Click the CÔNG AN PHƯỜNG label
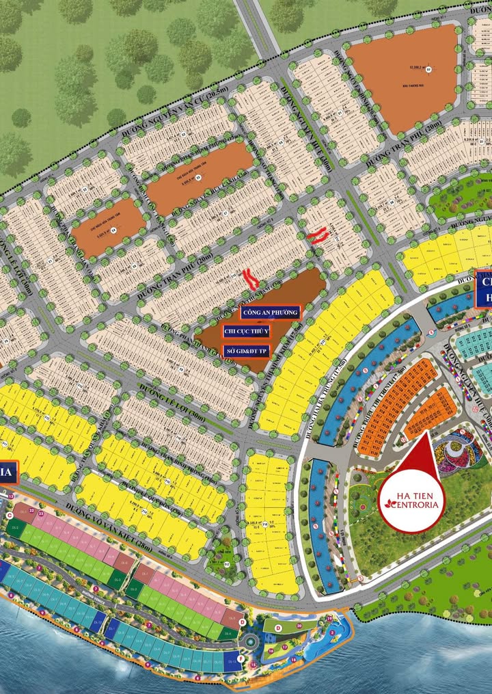tap(271, 313)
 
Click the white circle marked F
tap(241, 658)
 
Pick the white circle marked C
tap(9, 514)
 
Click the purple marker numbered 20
tap(299, 626)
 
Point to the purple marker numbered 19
tap(329, 619)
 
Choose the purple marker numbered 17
tap(285, 648)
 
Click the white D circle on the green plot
tap(278, 627)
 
